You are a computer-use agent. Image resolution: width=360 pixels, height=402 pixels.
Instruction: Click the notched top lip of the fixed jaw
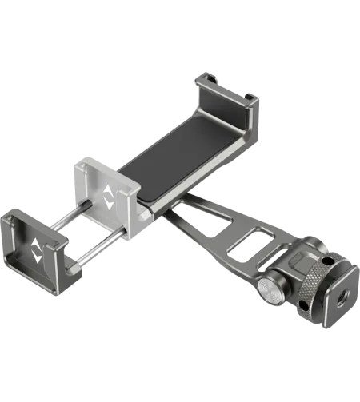point(206,79)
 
